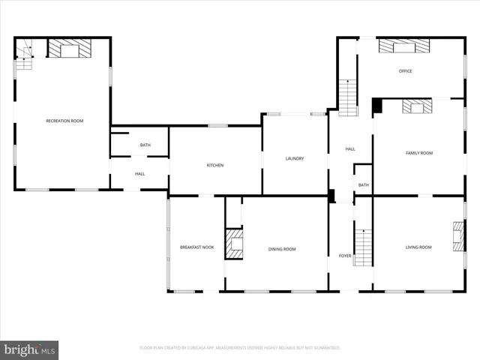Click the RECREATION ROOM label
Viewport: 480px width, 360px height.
[64, 121]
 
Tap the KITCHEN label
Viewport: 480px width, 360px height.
[215, 165]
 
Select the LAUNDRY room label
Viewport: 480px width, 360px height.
[294, 158]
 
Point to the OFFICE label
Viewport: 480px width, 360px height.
[405, 71]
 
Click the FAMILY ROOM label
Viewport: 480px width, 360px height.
[419, 153]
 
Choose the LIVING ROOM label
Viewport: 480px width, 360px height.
[418, 247]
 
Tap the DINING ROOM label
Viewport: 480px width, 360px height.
[282, 249]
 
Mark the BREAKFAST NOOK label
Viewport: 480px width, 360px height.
[196, 247]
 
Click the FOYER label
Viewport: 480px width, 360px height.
[345, 256]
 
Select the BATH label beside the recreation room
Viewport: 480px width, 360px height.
[145, 145]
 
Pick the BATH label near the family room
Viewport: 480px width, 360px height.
[364, 184]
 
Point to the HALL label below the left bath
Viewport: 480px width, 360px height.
[139, 174]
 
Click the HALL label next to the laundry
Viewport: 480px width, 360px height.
[350, 149]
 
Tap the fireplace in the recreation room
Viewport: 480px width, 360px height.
[70, 49]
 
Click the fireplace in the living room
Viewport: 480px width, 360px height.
[457, 236]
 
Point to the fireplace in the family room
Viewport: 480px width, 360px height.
[417, 106]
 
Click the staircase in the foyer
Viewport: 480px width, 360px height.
[363, 247]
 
